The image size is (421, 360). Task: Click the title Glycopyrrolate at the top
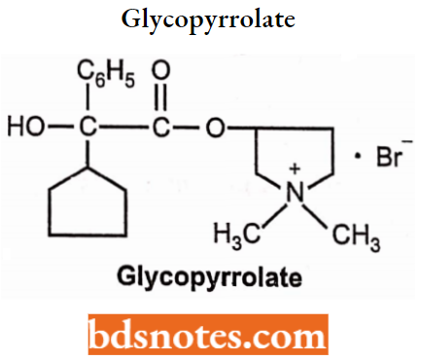[210, 19]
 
